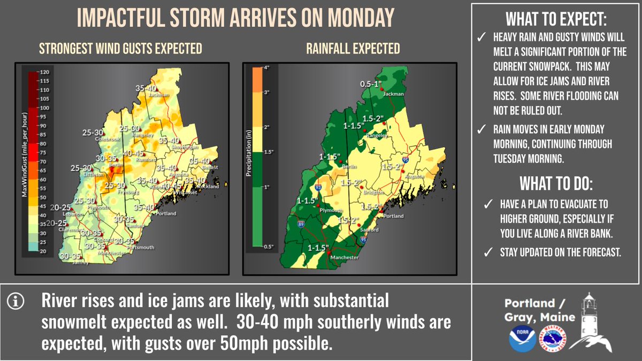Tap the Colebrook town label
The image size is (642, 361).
(105, 139)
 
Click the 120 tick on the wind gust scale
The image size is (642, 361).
(45, 72)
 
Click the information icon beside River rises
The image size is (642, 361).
(18, 302)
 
